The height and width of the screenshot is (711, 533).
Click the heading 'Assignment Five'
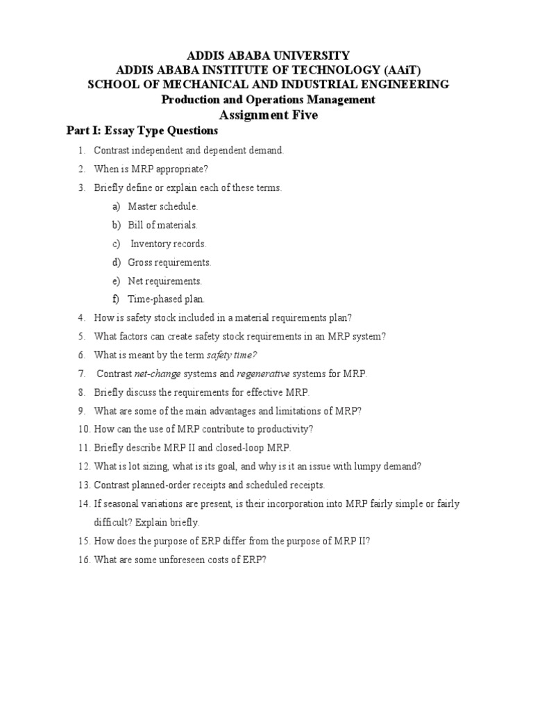[268, 115]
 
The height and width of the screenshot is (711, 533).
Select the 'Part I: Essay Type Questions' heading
[142, 131]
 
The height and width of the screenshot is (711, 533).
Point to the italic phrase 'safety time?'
[232, 355]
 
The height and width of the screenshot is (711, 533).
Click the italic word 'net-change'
[158, 374]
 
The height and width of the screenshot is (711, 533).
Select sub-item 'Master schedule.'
[163, 206]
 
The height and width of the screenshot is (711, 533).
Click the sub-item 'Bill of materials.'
[163, 225]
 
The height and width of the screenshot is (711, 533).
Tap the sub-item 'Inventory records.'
[169, 244]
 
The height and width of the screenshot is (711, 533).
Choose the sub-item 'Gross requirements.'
[169, 262]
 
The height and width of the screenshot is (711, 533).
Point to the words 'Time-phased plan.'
[167, 299]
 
